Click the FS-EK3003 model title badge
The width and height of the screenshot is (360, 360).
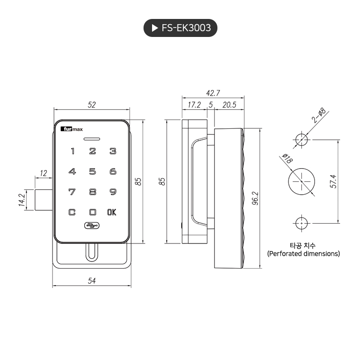click(x=180, y=28)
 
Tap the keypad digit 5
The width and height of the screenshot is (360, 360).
click(x=93, y=171)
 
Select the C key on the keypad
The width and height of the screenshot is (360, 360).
click(x=72, y=212)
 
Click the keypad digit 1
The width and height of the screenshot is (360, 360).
click(x=72, y=152)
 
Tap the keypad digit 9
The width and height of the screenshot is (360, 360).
click(x=113, y=192)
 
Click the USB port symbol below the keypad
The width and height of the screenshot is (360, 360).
click(x=92, y=225)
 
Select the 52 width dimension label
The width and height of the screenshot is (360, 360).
click(x=92, y=105)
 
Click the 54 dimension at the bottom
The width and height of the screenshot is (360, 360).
click(x=92, y=281)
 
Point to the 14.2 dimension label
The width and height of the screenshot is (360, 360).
click(x=21, y=200)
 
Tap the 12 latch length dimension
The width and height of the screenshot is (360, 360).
click(x=44, y=173)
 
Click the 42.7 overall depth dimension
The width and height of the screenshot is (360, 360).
click(x=213, y=92)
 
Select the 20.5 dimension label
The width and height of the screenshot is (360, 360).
click(x=229, y=105)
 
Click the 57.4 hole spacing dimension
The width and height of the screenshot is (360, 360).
click(x=333, y=181)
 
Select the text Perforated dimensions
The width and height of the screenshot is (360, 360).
click(x=303, y=254)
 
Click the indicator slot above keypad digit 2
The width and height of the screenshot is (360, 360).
click(x=92, y=139)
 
